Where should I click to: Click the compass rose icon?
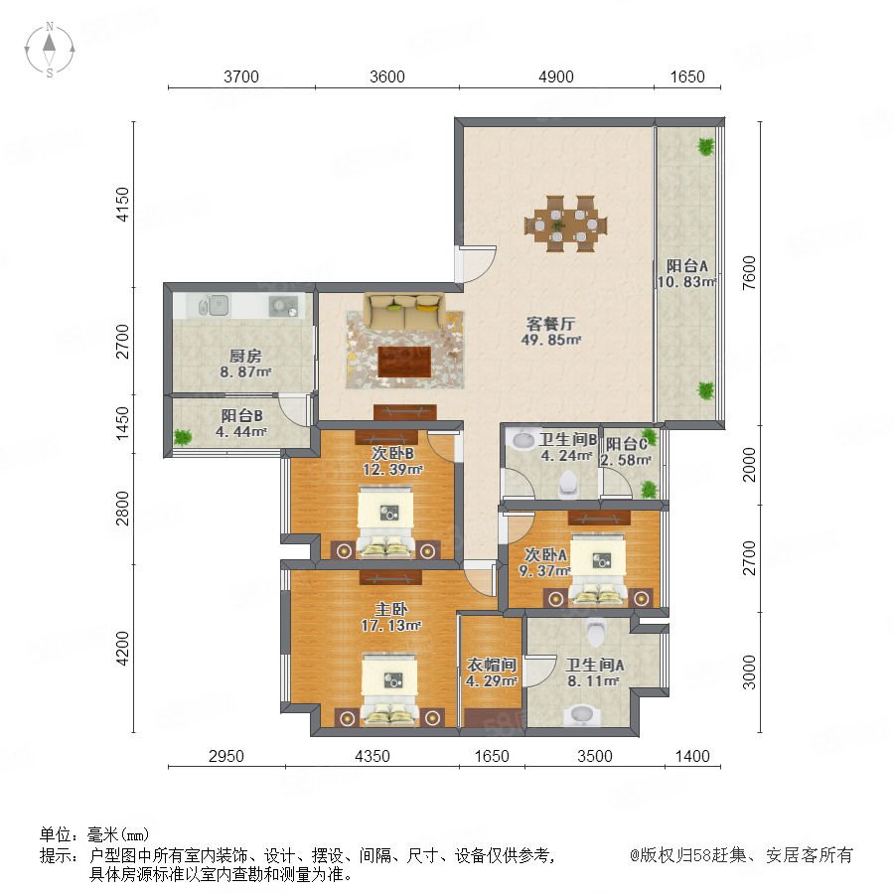pos(50,49)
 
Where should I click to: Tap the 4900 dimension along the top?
pos(556,76)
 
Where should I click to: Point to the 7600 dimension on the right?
pos(749,272)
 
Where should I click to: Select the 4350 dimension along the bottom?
pos(372,756)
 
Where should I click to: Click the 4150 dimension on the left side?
pos(122,204)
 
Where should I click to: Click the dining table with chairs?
pos(565,224)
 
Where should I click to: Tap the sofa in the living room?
pos(404,311)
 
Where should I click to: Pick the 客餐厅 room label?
pos(550,324)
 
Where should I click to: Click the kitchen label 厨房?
pos(245,357)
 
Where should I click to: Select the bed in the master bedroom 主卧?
pos(390,690)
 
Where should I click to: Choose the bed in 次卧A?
pos(598,569)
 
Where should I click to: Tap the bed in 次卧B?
pos(385,521)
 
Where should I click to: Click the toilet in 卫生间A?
pos(595,631)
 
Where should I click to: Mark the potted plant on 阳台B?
pos(183,437)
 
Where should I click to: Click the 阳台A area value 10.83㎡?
pos(686,282)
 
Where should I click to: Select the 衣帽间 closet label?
pos(492,665)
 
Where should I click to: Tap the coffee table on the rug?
pos(403,361)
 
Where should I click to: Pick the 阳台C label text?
pos(626,444)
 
